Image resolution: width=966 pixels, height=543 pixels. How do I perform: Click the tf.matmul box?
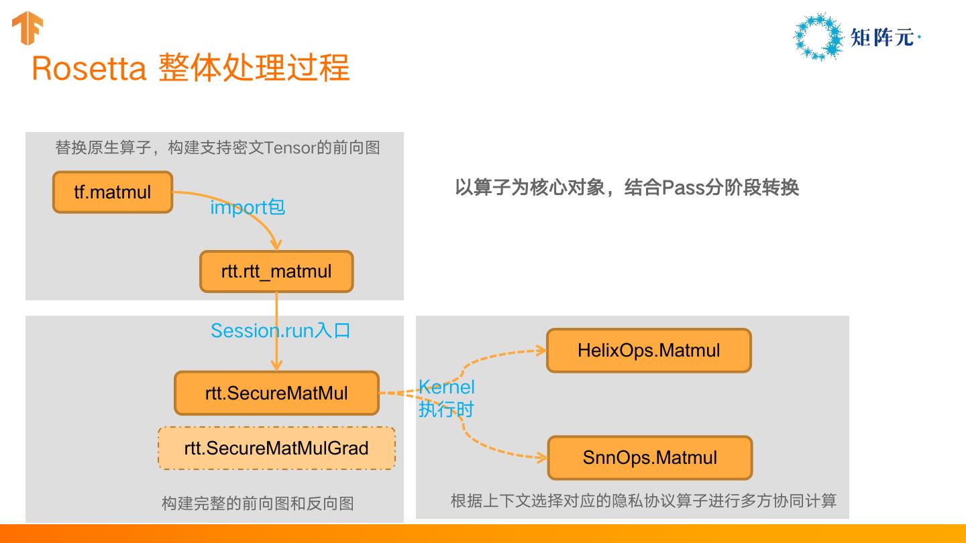tap(113, 192)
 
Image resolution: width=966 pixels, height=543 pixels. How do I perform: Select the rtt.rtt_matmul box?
tap(276, 271)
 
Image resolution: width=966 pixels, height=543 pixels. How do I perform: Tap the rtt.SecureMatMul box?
tap(276, 393)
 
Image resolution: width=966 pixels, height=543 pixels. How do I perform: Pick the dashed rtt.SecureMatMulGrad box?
tap(276, 448)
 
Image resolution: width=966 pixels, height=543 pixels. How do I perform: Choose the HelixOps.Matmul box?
tap(649, 350)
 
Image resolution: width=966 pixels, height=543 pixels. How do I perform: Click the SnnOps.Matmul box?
tap(650, 458)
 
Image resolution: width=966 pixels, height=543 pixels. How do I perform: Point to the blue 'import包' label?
tap(248, 207)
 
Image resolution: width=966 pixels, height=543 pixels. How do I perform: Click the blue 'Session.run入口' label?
tap(280, 330)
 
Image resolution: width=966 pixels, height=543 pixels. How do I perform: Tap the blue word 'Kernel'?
tap(447, 387)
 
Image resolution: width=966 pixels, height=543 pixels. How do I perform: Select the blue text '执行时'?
tap(446, 409)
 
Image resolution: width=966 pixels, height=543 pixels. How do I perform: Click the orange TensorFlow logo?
tap(28, 29)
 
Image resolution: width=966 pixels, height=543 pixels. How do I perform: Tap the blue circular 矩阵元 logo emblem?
tap(818, 37)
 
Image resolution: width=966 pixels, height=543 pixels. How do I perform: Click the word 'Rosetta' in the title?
tap(89, 68)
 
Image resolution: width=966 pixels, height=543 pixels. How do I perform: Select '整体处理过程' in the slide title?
tap(254, 68)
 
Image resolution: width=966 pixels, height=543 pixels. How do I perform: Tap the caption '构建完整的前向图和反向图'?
tap(258, 503)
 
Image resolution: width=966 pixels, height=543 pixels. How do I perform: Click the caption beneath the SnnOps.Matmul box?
tap(643, 501)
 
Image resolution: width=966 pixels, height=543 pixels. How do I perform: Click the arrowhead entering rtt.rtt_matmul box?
tap(276, 246)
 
